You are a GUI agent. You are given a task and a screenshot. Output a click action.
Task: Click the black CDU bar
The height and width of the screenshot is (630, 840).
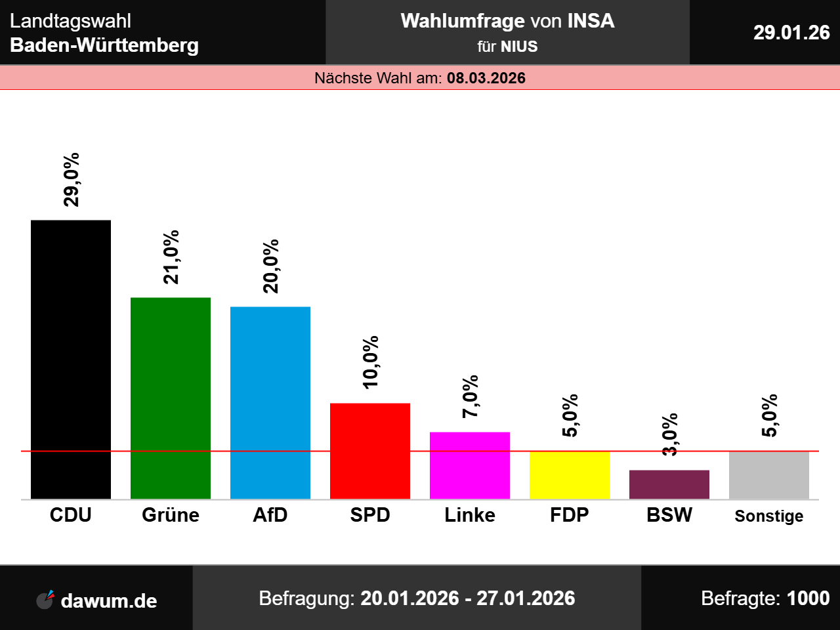(71, 360)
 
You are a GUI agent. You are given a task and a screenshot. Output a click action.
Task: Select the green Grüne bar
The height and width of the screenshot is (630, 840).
(171, 398)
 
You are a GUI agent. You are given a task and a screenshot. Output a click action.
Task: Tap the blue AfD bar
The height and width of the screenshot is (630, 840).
(270, 402)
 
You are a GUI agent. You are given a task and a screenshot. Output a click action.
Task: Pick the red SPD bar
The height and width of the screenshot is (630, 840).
(370, 451)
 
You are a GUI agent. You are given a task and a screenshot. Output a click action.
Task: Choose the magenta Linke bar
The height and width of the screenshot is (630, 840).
(470, 465)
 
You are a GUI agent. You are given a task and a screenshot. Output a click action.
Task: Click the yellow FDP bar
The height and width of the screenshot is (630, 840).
(570, 475)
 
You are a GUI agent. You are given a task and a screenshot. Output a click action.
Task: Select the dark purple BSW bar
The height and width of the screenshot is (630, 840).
(669, 484)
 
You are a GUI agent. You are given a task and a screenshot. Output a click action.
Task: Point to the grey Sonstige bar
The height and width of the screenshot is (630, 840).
(769, 475)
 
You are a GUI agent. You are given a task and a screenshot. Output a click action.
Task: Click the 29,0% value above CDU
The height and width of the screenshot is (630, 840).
(72, 179)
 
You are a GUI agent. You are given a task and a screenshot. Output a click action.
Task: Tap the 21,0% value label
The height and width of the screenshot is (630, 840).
(171, 257)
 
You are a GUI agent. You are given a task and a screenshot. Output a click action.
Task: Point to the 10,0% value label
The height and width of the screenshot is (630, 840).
(371, 362)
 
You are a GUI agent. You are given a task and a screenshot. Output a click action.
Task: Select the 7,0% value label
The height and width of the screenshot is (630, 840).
(471, 396)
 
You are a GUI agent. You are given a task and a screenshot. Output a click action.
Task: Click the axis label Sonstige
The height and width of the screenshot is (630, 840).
(769, 516)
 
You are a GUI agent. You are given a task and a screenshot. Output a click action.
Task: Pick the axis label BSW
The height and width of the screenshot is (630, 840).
(669, 514)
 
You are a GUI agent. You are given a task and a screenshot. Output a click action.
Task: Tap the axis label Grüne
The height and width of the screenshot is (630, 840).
(171, 514)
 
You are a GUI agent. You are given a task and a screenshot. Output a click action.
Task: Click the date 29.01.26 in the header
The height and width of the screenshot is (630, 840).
(791, 32)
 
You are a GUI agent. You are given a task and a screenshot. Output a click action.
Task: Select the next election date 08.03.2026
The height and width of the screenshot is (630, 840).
(486, 78)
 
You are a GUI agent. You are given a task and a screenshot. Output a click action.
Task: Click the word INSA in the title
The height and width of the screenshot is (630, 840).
(591, 21)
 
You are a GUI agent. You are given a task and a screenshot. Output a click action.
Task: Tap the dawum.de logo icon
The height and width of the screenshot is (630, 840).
(45, 599)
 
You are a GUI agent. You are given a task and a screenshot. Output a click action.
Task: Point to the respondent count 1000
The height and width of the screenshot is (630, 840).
(808, 598)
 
